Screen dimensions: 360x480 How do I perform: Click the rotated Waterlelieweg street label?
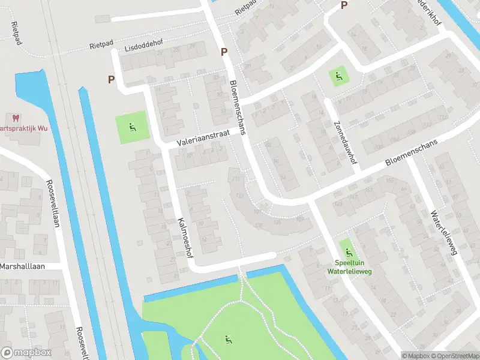point(443,233)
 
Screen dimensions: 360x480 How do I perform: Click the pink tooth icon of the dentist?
point(15,119)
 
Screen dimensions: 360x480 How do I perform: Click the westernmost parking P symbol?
point(111,79)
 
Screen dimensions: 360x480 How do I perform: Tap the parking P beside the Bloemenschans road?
point(224,52)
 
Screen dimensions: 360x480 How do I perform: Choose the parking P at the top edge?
point(344,5)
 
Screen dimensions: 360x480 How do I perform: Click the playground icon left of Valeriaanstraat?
point(131,127)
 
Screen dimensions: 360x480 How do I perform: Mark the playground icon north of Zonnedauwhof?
point(338,76)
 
